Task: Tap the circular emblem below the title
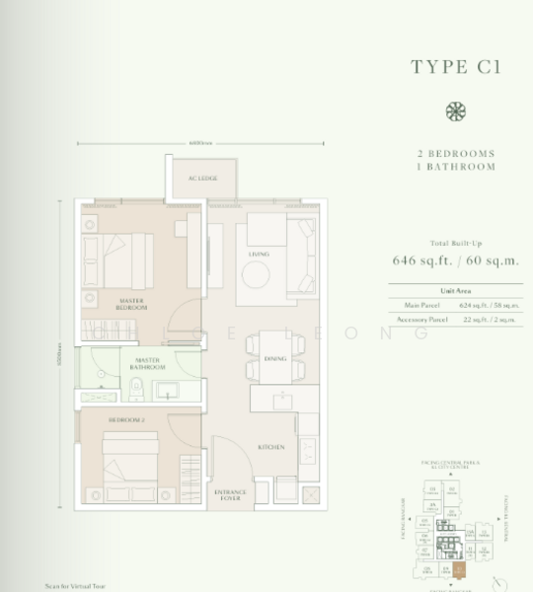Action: click(x=455, y=111)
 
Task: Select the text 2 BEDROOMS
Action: click(x=455, y=154)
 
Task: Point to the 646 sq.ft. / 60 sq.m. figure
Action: click(x=455, y=261)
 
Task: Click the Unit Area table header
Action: click(x=455, y=291)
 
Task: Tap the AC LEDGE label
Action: click(x=202, y=179)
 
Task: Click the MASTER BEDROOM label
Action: click(x=131, y=305)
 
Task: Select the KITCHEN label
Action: click(x=270, y=447)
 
